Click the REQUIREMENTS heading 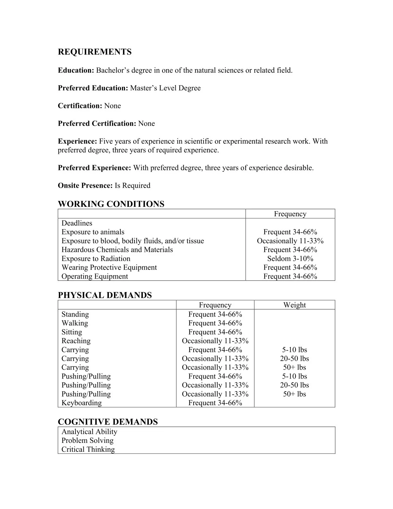pyautogui.click(x=94, y=52)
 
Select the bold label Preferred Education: pyautogui.click(x=93, y=88)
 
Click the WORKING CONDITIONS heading pyautogui.click(x=111, y=204)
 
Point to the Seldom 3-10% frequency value pyautogui.click(x=290, y=259)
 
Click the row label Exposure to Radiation pyautogui.click(x=96, y=259)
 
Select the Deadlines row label pyautogui.click(x=77, y=223)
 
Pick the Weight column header pyautogui.click(x=294, y=305)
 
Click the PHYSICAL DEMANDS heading pyautogui.click(x=105, y=295)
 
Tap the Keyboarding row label pyautogui.click(x=81, y=403)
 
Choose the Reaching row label pyautogui.click(x=76, y=341)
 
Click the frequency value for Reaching pyautogui.click(x=215, y=341)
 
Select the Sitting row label pyautogui.click(x=72, y=332)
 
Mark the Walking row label pyautogui.click(x=74, y=323)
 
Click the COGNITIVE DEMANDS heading pyautogui.click(x=108, y=422)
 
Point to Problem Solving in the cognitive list pyautogui.click(x=87, y=441)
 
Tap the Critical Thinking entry pyautogui.click(x=88, y=450)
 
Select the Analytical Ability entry pyautogui.click(x=89, y=432)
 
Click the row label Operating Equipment pyautogui.click(x=94, y=276)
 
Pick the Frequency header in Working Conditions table pyautogui.click(x=290, y=214)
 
